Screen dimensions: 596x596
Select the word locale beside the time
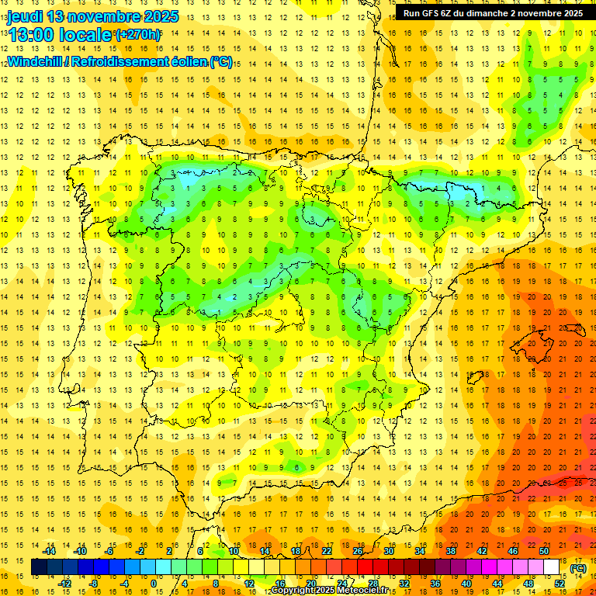[87, 36]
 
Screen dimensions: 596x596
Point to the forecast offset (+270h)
[138, 35]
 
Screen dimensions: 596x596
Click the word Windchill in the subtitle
[33, 61]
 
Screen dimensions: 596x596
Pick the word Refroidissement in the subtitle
[125, 61]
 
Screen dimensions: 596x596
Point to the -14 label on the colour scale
[50, 551]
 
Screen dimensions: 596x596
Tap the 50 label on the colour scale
[544, 551]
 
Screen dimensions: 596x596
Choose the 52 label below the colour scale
[560, 583]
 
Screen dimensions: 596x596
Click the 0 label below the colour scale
[154, 583]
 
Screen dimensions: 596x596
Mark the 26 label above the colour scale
[358, 551]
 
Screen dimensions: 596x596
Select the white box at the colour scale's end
[552, 567]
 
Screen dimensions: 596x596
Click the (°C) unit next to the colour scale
[578, 567]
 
